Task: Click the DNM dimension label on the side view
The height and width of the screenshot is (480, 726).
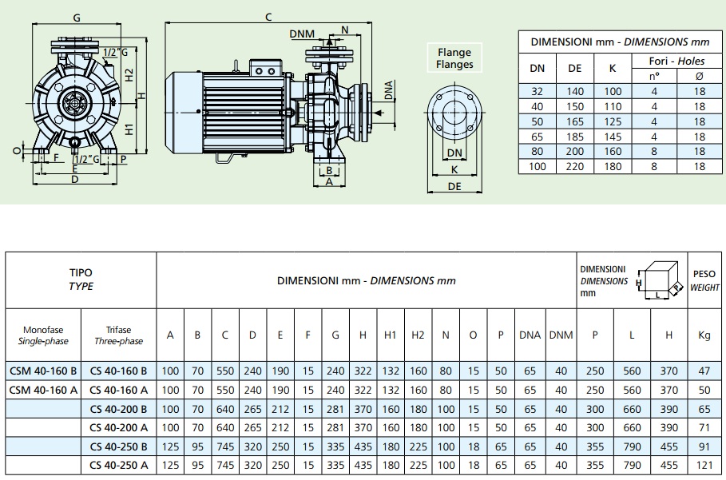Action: click(302, 34)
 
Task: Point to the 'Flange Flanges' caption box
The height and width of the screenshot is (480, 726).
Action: click(454, 58)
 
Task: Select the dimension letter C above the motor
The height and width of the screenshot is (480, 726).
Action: click(268, 17)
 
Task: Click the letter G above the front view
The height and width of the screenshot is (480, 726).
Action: click(76, 17)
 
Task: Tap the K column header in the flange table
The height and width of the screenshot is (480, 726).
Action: click(613, 69)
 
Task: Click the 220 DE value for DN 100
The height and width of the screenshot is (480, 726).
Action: click(575, 166)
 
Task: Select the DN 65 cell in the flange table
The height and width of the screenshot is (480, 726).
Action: click(538, 137)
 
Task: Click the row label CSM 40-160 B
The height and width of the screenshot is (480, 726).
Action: click(43, 371)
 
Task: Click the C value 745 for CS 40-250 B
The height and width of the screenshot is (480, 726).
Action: click(225, 446)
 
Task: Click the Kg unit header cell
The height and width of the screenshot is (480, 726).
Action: click(704, 335)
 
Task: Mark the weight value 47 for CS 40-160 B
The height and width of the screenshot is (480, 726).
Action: click(704, 371)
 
